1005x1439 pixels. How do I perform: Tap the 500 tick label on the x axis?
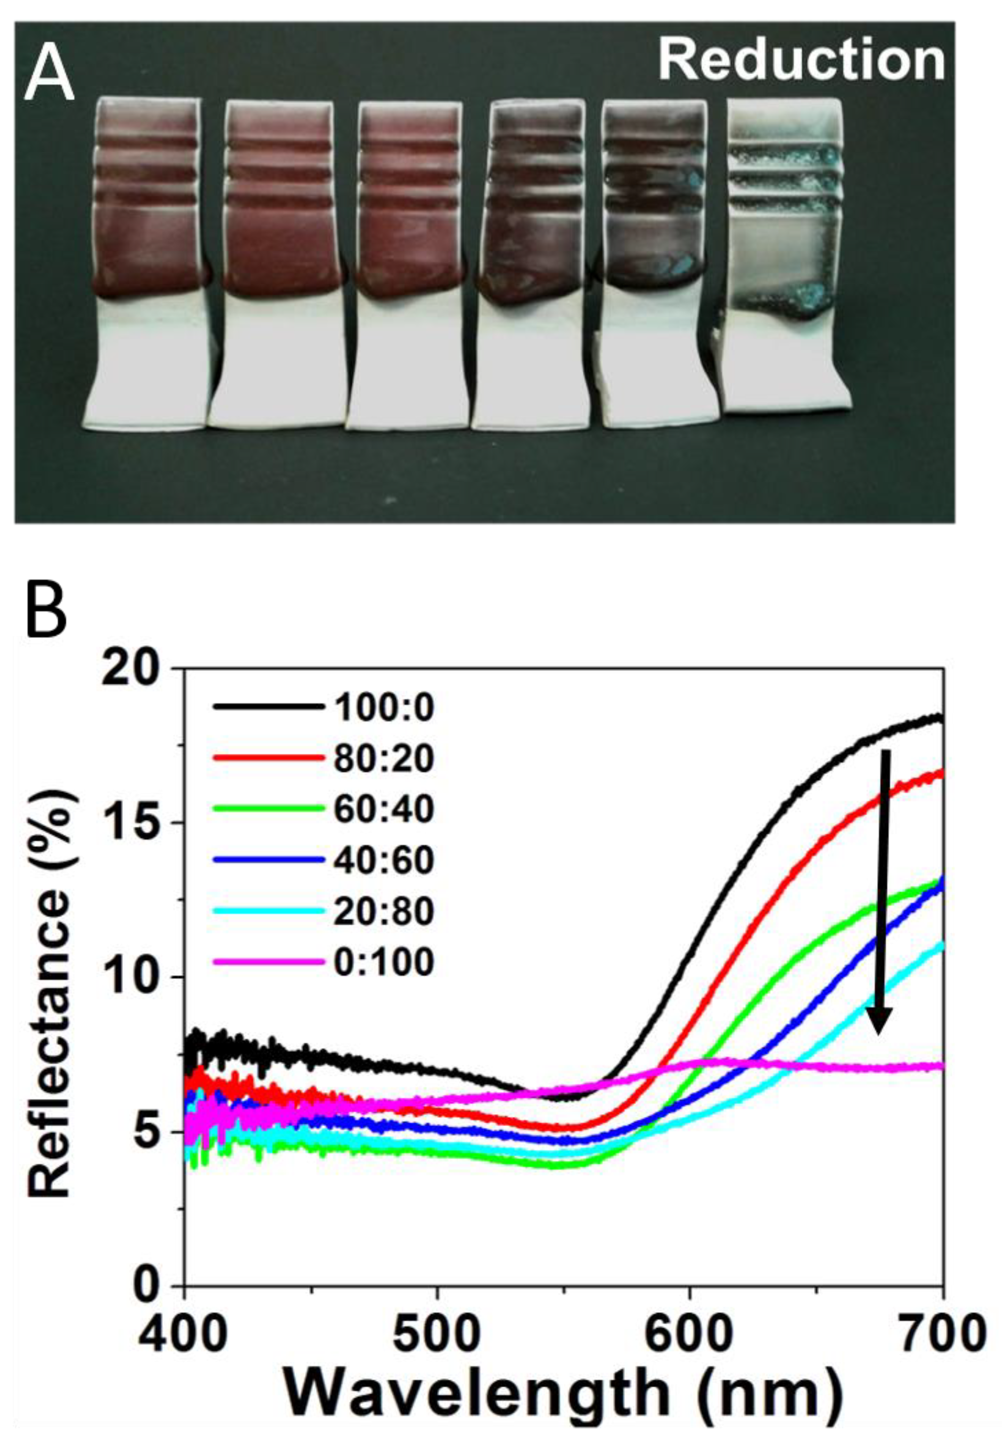pos(436,1332)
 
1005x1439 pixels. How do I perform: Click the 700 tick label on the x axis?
pos(940,1332)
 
